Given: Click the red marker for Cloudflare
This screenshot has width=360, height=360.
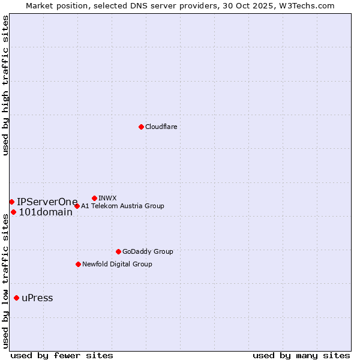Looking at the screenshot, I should pyautogui.click(x=141, y=127).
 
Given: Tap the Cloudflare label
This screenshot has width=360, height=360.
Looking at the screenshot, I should pyautogui.click(x=161, y=127).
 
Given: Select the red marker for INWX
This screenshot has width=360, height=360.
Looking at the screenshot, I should pyautogui.click(x=94, y=198).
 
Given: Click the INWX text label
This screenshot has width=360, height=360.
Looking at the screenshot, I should pyautogui.click(x=107, y=198).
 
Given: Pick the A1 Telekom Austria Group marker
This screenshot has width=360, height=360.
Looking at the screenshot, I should pyautogui.click(x=77, y=206).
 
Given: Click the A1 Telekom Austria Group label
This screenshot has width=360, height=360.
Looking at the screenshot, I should pyautogui.click(x=122, y=206).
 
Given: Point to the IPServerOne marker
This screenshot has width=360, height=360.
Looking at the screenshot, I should pyautogui.click(x=11, y=202).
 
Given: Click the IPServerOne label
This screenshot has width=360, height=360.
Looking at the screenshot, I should pyautogui.click(x=47, y=202).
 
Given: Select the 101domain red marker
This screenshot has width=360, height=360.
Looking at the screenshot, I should pyautogui.click(x=13, y=212).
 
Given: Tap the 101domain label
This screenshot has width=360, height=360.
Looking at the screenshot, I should pyautogui.click(x=46, y=212).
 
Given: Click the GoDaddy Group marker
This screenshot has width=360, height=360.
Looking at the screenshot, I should pyautogui.click(x=118, y=251).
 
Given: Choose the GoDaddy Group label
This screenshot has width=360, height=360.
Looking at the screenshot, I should pyautogui.click(x=148, y=252).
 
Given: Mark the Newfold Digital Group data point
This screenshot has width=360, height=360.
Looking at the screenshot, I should pyautogui.click(x=78, y=264).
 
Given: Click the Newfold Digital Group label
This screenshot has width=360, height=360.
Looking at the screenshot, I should pyautogui.click(x=117, y=264).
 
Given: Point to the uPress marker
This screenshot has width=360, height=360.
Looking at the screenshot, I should pyautogui.click(x=16, y=298).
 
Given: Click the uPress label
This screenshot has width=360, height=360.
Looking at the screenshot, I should pyautogui.click(x=37, y=298).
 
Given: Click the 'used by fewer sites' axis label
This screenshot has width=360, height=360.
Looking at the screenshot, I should pyautogui.click(x=62, y=355).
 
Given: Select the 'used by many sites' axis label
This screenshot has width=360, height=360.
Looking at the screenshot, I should pyautogui.click(x=301, y=355).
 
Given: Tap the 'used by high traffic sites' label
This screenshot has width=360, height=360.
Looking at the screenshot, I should pyautogui.click(x=6, y=86).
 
